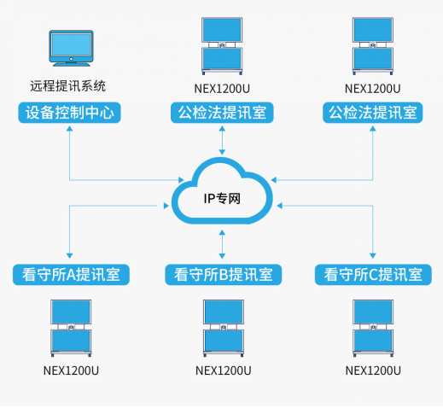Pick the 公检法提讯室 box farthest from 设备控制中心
click(x=373, y=112)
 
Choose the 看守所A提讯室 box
click(x=71, y=275)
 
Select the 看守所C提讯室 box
click(x=372, y=275)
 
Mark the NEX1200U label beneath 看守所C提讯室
click(x=373, y=370)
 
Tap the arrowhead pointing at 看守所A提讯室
click(x=70, y=256)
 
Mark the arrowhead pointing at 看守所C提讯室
click(x=373, y=256)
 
